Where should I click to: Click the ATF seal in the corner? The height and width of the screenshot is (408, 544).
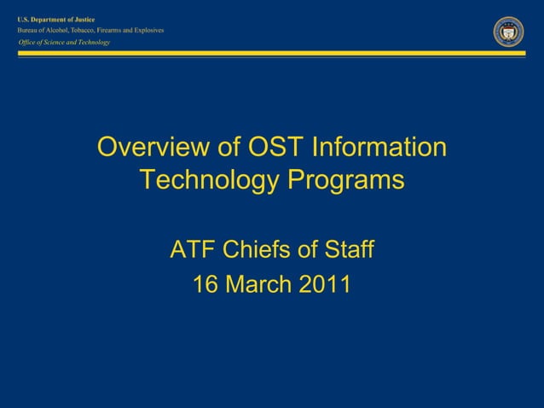coord(508,31)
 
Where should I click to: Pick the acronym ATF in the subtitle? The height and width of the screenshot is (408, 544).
coord(193,251)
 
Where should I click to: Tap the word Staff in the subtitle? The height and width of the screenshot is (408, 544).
coord(347,251)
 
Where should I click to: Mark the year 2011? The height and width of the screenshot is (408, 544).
coord(325,284)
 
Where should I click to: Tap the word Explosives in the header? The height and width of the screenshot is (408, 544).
coord(147,30)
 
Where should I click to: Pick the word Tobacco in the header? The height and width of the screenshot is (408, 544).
coord(74,30)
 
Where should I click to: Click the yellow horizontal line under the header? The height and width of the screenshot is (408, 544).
coord(272,53)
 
